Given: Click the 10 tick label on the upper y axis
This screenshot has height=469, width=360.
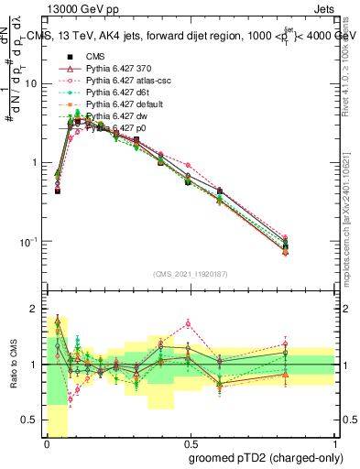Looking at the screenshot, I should pos(31,84).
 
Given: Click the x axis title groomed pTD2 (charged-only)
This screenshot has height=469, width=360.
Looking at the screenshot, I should pos(266,457).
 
